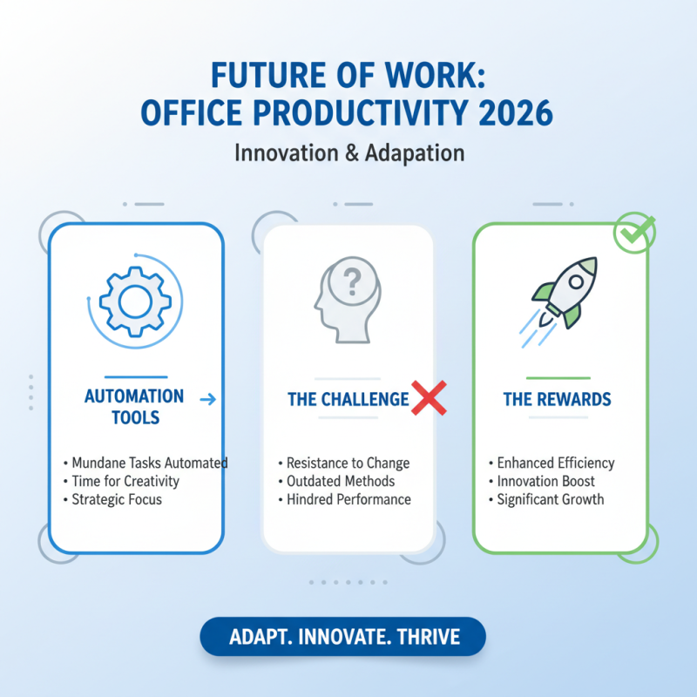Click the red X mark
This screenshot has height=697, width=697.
coord(429,398)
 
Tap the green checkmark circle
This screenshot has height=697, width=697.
coord(633,232)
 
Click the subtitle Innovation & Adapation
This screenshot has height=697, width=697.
coord(348,152)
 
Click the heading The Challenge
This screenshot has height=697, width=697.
coord(348,399)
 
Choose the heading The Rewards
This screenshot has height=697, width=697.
coord(557,400)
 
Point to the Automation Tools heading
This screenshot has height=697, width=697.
coord(134,407)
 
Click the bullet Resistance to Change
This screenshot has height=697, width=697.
coord(347,463)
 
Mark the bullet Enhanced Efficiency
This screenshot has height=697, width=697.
coord(555,463)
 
